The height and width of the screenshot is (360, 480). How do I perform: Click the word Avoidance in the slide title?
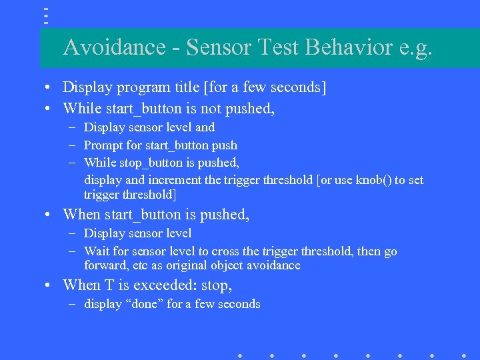click(x=114, y=47)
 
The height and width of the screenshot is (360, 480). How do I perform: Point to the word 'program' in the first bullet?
click(x=137, y=87)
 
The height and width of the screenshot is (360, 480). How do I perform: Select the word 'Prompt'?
click(x=103, y=145)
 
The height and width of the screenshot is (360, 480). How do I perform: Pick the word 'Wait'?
click(x=96, y=251)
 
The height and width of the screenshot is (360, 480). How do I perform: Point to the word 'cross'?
click(x=215, y=251)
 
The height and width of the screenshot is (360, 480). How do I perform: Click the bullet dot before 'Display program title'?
click(x=49, y=88)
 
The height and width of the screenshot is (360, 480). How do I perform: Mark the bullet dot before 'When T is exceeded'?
click(x=49, y=286)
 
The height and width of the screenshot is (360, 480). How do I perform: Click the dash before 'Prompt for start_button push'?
click(x=70, y=145)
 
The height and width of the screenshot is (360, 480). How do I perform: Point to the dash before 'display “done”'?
click(x=70, y=304)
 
